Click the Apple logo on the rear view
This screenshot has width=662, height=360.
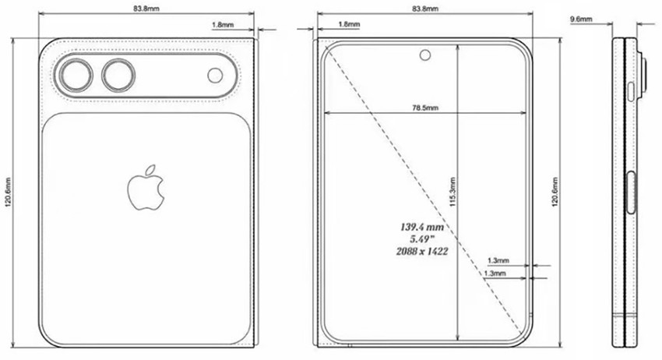146,189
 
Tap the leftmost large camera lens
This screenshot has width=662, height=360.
74,76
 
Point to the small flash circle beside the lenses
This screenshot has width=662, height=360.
216,76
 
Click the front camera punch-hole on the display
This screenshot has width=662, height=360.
425,55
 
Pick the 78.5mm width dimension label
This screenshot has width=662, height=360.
425,108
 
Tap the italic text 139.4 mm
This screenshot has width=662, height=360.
422,227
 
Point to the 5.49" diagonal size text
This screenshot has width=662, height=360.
422,239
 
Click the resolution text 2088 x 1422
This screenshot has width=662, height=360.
422,252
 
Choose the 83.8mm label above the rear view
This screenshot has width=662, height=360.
148,8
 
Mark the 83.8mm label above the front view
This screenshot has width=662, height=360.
424,8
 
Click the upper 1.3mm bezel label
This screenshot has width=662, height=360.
497,260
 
